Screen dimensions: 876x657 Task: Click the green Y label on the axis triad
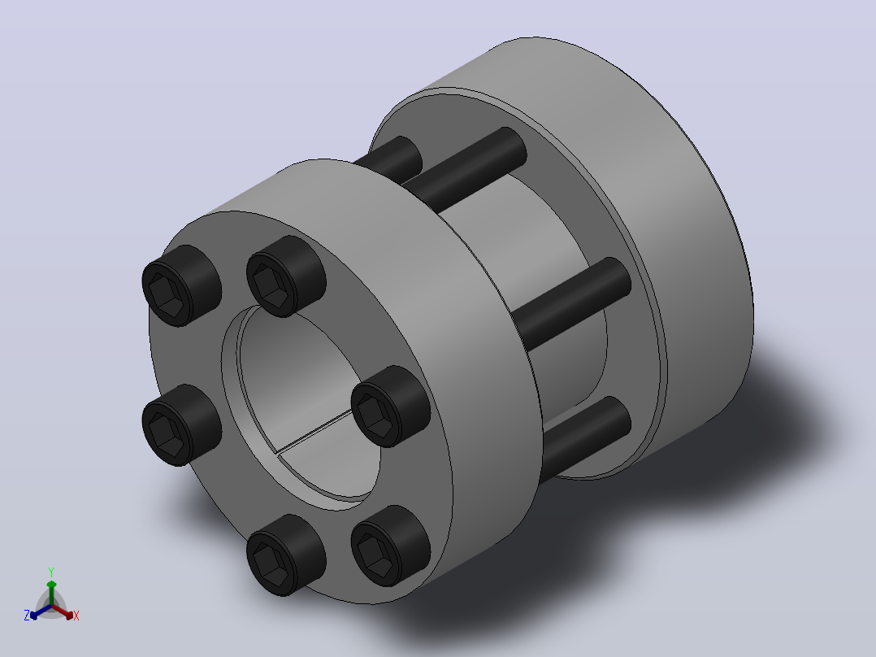point(51,572)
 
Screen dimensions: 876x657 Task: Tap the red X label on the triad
point(76,616)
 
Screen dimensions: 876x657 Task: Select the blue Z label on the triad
point(26,615)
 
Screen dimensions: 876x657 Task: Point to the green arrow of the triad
point(51,593)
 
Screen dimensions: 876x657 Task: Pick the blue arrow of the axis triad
point(41,611)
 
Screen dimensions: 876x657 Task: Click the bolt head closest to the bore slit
point(391,407)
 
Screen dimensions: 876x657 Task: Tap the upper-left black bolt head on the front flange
point(181,285)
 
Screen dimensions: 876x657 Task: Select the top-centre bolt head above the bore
point(286,276)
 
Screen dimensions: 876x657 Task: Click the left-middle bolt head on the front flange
point(181,425)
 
